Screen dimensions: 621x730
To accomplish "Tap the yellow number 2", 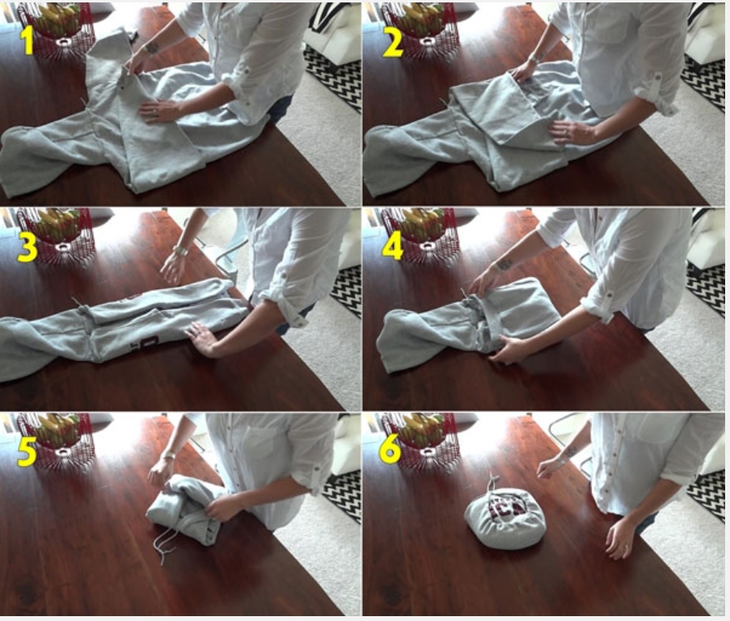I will click(x=392, y=41).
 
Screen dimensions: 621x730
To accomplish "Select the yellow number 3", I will click(x=27, y=246).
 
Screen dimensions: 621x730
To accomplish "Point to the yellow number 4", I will click(x=392, y=245).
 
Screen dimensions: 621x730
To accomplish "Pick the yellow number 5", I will click(x=27, y=451).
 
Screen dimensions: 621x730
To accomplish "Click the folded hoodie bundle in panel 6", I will click(x=505, y=522).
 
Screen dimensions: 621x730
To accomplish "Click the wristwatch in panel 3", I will click(x=181, y=251).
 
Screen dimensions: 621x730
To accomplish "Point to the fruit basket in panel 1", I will click(x=57, y=28).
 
